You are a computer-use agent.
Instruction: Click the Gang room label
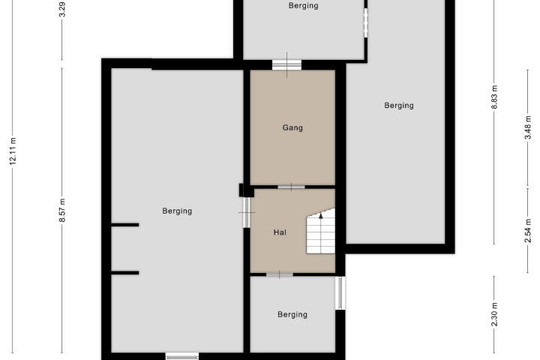point(292,127)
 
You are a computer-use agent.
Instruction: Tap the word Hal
point(280,232)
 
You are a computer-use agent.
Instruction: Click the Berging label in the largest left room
point(177,211)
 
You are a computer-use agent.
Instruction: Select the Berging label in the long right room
point(399,106)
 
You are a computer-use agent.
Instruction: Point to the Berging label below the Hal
point(292,314)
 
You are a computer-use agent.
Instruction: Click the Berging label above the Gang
point(304,5)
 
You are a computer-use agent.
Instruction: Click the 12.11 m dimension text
point(13,151)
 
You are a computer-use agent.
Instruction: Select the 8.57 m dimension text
point(62,211)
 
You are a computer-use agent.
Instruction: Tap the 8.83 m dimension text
point(494,97)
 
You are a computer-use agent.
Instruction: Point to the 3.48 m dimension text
point(528,127)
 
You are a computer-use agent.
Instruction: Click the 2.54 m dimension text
point(528,230)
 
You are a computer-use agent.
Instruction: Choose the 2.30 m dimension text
point(494,314)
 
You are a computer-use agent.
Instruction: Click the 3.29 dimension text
point(62,9)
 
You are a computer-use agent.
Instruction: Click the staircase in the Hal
point(321,231)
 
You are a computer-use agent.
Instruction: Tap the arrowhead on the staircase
point(321,216)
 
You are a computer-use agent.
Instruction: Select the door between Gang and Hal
point(291,187)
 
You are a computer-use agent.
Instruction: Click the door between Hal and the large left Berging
point(246,212)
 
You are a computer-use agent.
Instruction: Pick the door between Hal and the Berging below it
point(280,274)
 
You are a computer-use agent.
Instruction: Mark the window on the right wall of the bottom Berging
point(340,292)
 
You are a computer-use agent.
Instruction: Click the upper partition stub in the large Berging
point(125,225)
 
